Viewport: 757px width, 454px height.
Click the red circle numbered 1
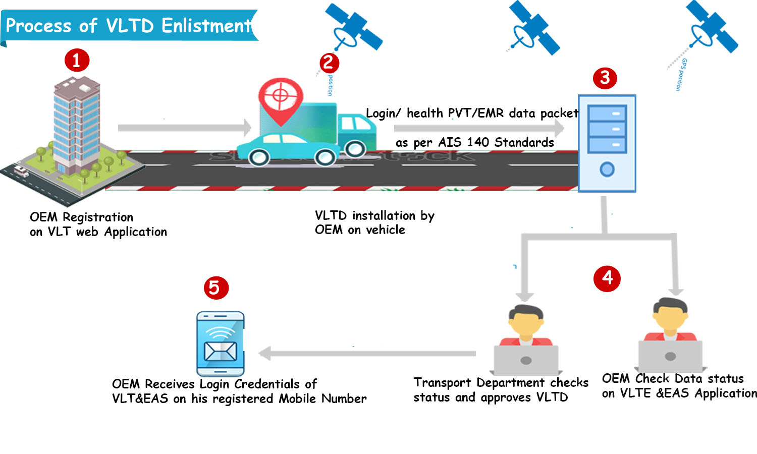[77, 61]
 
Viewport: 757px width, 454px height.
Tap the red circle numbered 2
[329, 63]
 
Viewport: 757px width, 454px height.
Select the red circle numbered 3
[605, 78]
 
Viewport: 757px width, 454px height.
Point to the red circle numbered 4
[607, 278]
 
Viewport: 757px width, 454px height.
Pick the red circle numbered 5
[216, 288]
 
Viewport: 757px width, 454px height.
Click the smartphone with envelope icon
[220, 343]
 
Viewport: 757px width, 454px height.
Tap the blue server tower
[607, 143]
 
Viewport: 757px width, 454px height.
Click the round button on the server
[607, 169]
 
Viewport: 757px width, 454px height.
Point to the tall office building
[76, 126]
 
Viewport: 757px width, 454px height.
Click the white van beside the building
[21, 171]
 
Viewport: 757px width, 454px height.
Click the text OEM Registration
[81, 217]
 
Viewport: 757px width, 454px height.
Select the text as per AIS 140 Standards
[474, 143]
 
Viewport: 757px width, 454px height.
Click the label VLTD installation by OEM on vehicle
[374, 222]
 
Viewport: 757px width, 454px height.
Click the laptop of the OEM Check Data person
[670, 356]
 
